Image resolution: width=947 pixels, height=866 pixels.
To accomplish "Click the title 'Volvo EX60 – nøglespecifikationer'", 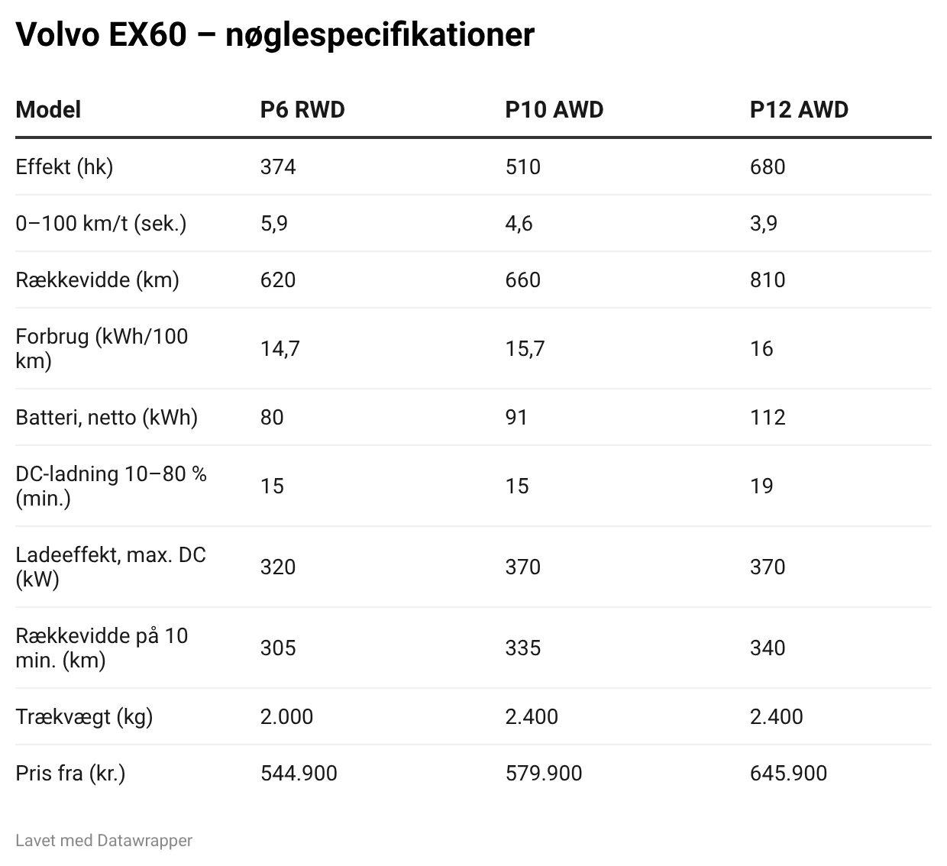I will (275, 34).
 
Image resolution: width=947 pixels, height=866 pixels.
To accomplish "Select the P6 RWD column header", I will (302, 109).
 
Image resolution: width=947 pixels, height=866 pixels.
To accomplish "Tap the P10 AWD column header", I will (554, 109).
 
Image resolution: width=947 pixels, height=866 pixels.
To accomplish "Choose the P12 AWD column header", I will (799, 109).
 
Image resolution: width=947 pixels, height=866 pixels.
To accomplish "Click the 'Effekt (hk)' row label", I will (64, 166).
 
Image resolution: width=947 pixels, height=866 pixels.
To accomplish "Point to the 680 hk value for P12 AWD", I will (768, 166).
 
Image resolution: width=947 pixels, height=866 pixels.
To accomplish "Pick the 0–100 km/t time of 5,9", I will (274, 223).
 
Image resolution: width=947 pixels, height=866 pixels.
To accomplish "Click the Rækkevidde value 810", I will (768, 280).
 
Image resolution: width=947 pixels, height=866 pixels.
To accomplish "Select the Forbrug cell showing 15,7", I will (525, 348).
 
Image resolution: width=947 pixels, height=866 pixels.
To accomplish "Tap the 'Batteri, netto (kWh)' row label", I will (106, 417).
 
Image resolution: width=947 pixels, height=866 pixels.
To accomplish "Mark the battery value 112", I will (768, 417).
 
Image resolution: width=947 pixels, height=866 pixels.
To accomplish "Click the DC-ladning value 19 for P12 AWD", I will (761, 486).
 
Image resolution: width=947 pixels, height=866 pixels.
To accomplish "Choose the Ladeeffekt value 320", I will (278, 567).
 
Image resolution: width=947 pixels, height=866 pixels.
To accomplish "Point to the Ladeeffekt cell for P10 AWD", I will (523, 567).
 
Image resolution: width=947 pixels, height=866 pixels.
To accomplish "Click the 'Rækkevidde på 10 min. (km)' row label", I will (102, 648).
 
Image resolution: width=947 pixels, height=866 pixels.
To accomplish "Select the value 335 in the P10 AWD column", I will (523, 648).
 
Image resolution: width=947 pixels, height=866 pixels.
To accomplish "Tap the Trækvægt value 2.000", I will (287, 716).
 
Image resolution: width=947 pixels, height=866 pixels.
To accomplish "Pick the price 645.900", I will (788, 773).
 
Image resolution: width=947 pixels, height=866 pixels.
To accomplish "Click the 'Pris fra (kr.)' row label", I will (70, 773).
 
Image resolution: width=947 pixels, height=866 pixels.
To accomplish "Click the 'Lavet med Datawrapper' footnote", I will (104, 840).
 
